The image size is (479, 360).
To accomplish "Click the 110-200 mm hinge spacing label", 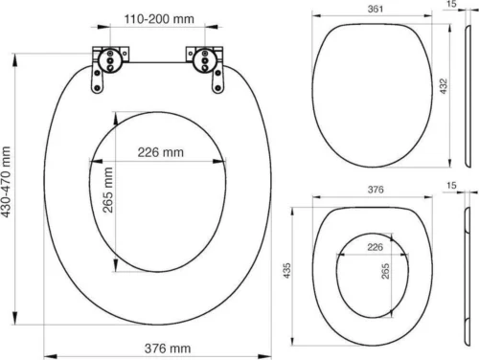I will tap(158, 19).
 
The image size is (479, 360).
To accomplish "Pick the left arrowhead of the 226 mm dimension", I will tap(92, 161).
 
